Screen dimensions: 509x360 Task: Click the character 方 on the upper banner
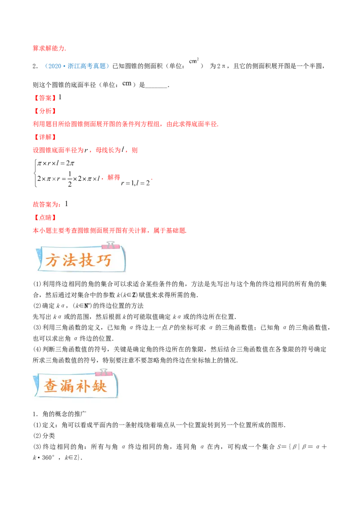(x=52, y=261)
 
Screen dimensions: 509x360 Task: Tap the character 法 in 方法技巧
(x=69, y=261)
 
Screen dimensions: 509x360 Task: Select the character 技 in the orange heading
(x=86, y=260)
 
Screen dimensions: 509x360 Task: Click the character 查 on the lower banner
(x=51, y=386)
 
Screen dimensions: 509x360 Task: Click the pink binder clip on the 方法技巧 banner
(x=108, y=245)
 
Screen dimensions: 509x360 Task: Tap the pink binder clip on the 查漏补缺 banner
(x=103, y=371)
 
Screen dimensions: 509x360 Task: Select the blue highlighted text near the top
(x=77, y=66)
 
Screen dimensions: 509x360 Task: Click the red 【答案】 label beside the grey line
(x=45, y=98)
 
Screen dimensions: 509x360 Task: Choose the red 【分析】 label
(x=45, y=111)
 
